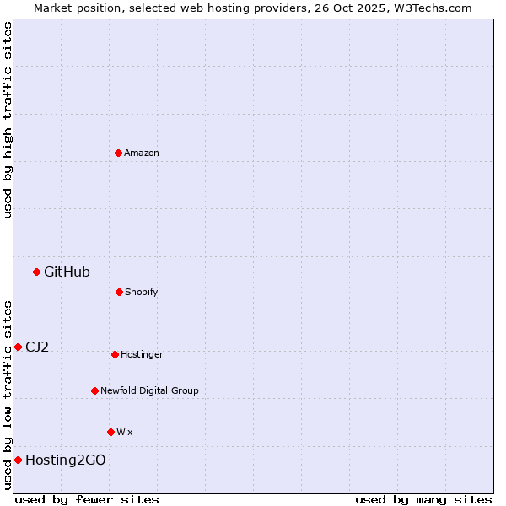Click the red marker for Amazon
click(119, 153)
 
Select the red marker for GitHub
click(36, 272)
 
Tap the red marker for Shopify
click(119, 292)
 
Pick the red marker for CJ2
click(18, 347)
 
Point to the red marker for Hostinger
click(115, 354)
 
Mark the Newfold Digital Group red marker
click(94, 390)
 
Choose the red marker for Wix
click(110, 432)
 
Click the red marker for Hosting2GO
click(18, 460)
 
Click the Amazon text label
click(142, 153)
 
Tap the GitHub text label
click(67, 272)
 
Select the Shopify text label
click(142, 292)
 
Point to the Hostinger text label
click(142, 354)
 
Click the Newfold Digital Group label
click(149, 390)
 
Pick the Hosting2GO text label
click(66, 460)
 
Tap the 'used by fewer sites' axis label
click(87, 499)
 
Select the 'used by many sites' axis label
click(423, 499)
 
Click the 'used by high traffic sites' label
click(8, 120)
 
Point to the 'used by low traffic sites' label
click(8, 395)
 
